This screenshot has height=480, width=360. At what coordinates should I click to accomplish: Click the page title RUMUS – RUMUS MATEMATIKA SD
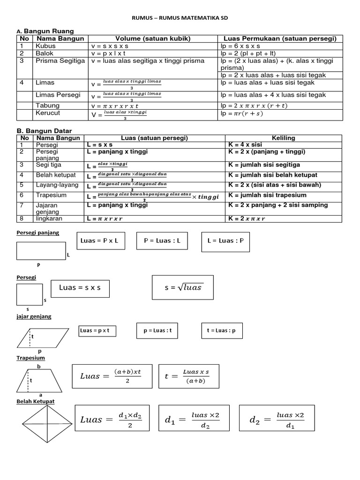tap(180, 18)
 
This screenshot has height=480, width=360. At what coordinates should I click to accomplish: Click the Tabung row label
tap(48, 105)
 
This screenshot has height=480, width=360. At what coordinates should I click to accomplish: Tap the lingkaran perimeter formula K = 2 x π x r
tap(247, 219)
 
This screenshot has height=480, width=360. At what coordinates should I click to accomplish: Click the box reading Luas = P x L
tap(99, 241)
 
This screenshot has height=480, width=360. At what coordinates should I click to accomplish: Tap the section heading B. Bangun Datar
tap(45, 131)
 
